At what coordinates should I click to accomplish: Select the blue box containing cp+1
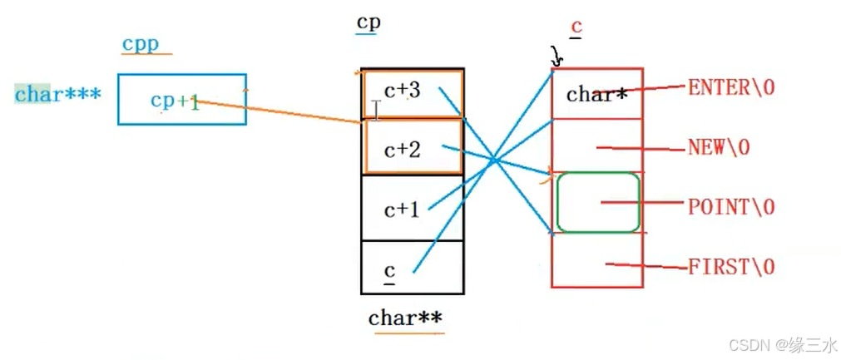(x=181, y=100)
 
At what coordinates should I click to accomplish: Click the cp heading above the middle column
(x=368, y=22)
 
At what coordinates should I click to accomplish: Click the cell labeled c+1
(x=413, y=208)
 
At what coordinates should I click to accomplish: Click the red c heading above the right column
(x=576, y=27)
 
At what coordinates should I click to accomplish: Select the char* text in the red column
(x=596, y=93)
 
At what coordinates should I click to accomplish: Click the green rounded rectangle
(x=597, y=202)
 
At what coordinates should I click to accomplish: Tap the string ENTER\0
(x=731, y=87)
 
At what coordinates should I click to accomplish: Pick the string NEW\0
(x=719, y=147)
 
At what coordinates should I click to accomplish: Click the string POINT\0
(x=730, y=206)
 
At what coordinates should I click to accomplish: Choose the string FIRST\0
(x=731, y=266)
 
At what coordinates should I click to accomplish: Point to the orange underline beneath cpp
(x=146, y=55)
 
